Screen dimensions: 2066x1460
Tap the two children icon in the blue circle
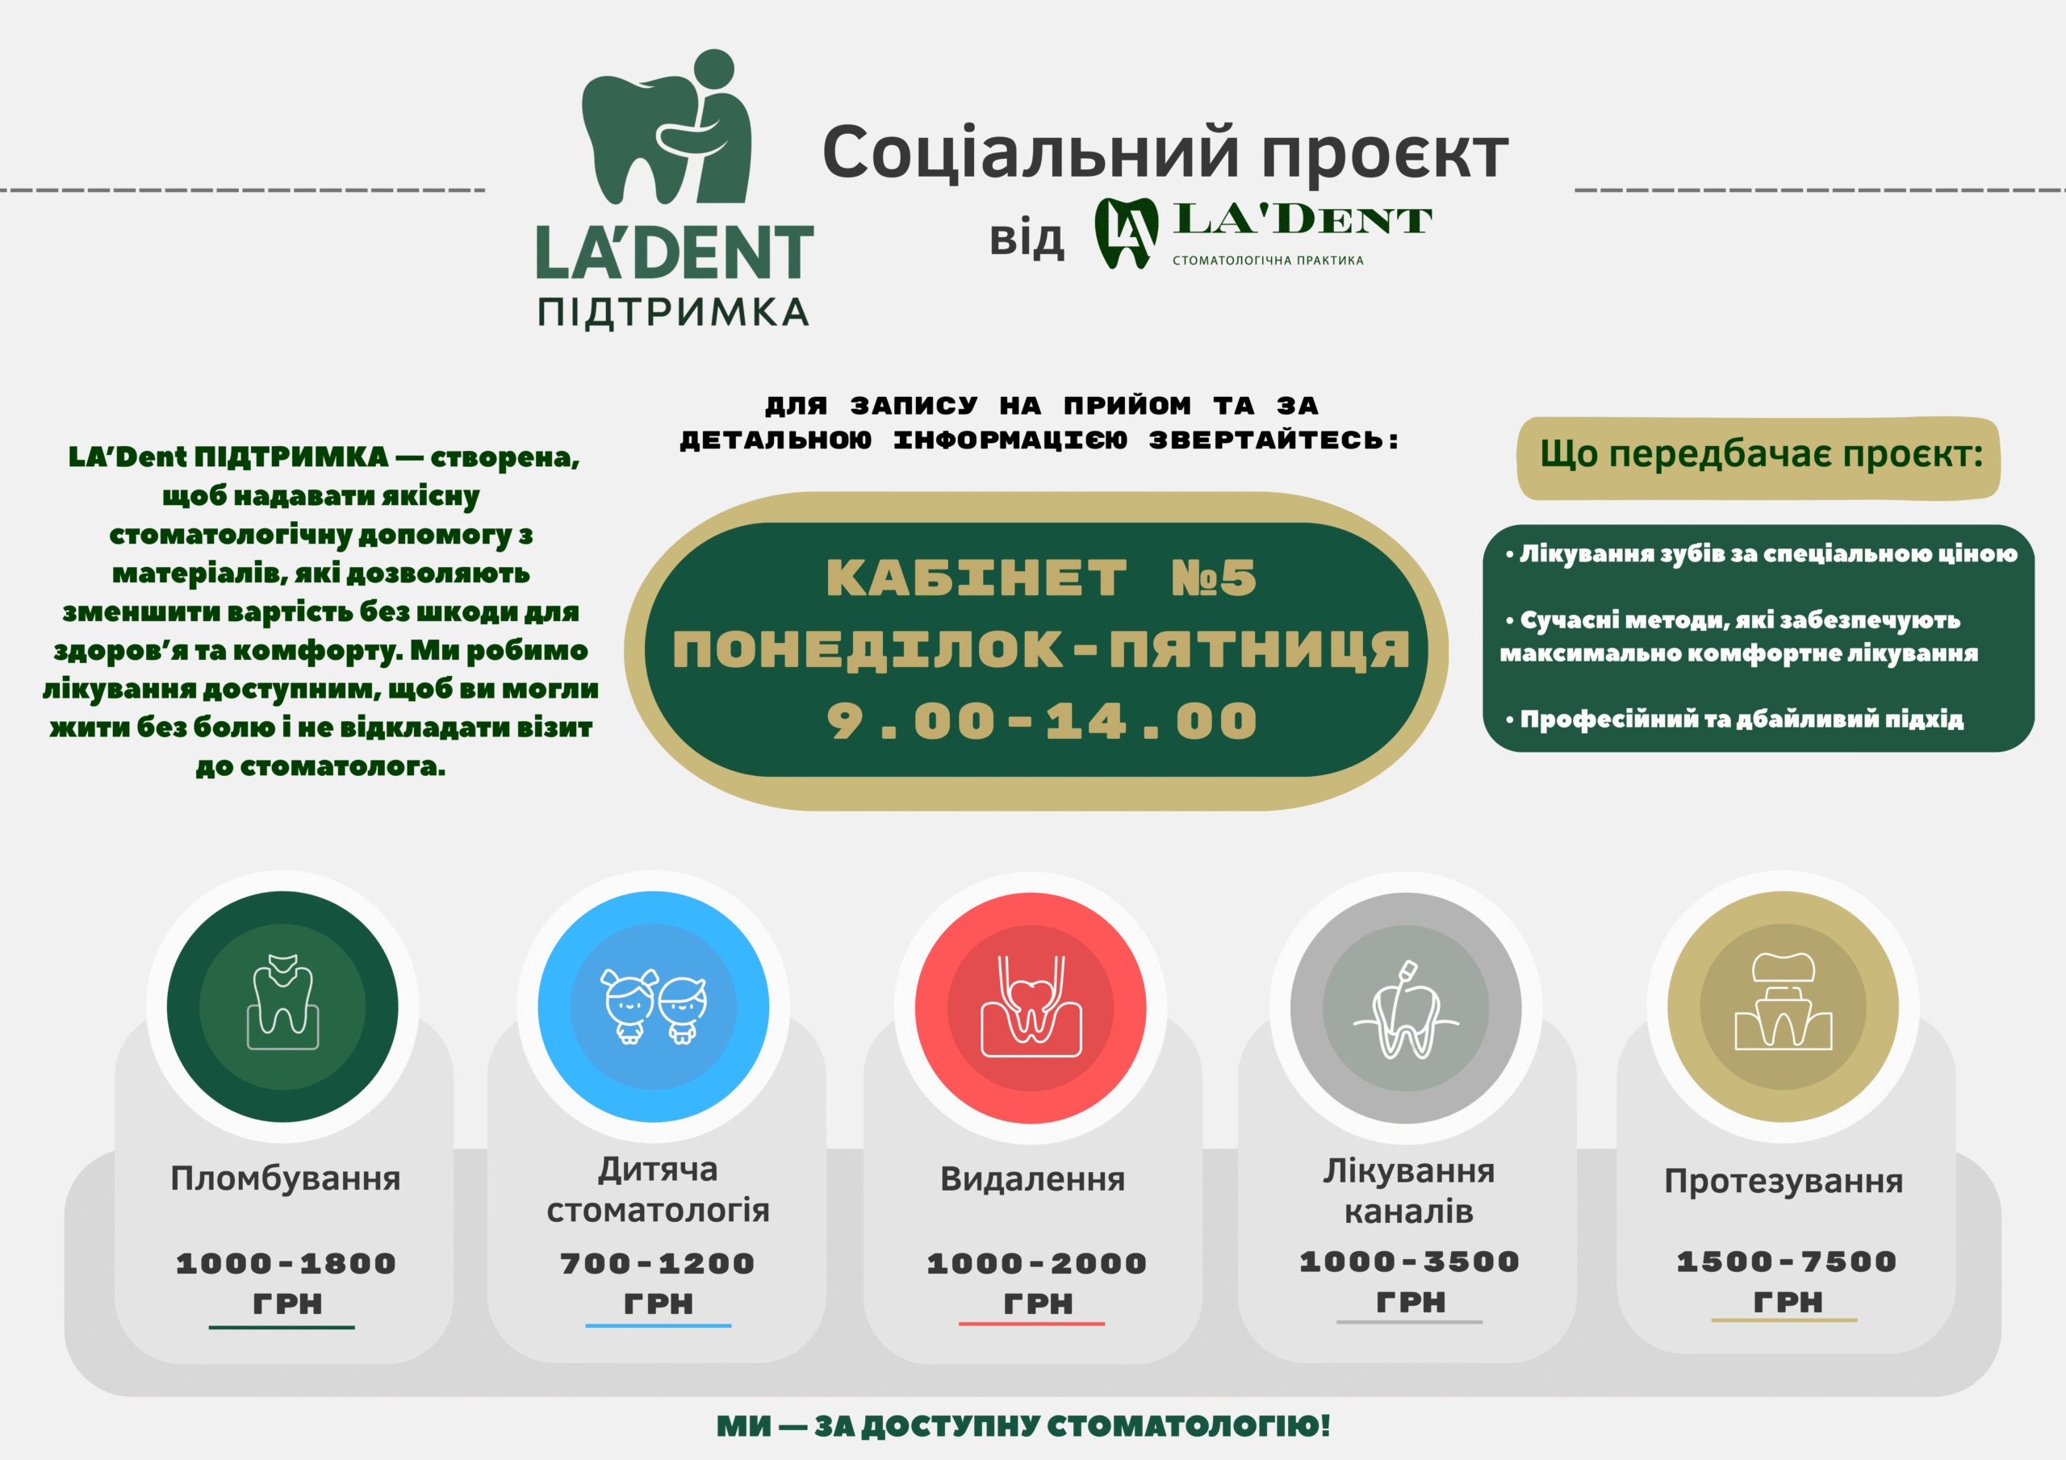pyautogui.click(x=655, y=1005)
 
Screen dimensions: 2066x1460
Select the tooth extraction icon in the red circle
pyautogui.click(x=1031, y=1006)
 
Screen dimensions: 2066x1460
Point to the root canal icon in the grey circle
pyautogui.click(x=1406, y=1009)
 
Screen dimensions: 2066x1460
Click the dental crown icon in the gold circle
pyautogui.click(x=1783, y=1001)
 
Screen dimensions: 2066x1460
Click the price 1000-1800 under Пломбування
pyautogui.click(x=286, y=1263)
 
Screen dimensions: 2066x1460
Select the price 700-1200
pyautogui.click(x=658, y=1263)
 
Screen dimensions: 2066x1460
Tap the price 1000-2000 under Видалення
pyautogui.click(x=1036, y=1263)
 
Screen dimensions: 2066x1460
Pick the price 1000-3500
pyautogui.click(x=1409, y=1262)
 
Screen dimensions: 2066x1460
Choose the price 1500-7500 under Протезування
pyautogui.click(x=1786, y=1262)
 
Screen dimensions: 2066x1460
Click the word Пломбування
pyautogui.click(x=285, y=1178)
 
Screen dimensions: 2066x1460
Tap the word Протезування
pyautogui.click(x=1784, y=1181)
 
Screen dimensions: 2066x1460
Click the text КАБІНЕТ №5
pyautogui.click(x=1041, y=578)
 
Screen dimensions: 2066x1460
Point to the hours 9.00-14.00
pyautogui.click(x=1042, y=721)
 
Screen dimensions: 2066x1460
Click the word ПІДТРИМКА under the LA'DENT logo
pyautogui.click(x=673, y=312)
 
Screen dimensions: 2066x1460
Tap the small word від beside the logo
pyautogui.click(x=1027, y=240)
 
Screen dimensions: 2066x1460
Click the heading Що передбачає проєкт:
pyautogui.click(x=1761, y=454)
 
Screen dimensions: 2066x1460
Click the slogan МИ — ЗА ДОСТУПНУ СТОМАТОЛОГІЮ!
pyautogui.click(x=1023, y=1426)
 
